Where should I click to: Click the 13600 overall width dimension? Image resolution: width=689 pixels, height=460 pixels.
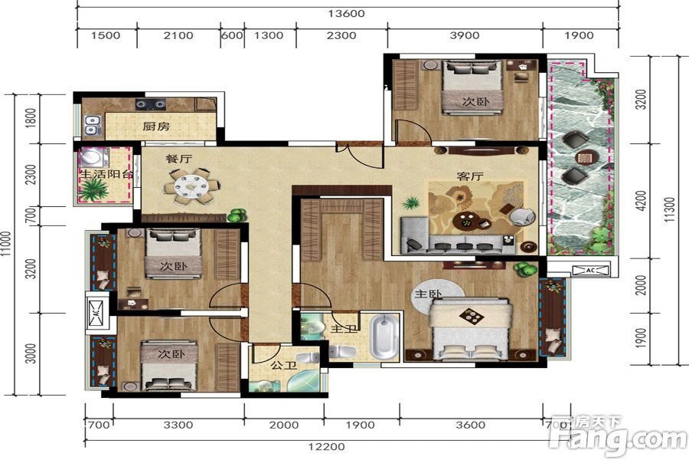pos(346,14)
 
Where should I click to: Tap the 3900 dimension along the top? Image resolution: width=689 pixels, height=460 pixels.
pos(465,36)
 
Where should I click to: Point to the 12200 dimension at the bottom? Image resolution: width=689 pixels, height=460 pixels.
pos(326,447)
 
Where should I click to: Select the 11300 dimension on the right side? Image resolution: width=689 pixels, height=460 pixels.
pos(669,209)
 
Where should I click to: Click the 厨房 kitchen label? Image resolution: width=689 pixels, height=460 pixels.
pos(156,127)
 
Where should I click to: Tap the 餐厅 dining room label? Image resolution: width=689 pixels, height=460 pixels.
pos(178,159)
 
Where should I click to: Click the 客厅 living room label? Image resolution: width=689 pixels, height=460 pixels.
pos(470,176)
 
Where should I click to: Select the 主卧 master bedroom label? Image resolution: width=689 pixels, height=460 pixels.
pos(428,294)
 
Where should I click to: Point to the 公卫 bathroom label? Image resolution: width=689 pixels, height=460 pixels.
pos(283,366)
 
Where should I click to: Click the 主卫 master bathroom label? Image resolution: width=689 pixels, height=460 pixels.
pos(344,329)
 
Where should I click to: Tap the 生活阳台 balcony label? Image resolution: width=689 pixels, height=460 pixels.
pos(106,174)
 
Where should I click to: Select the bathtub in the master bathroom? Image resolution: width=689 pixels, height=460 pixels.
pos(384,337)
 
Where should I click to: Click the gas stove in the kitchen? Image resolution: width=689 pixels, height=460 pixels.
pos(150,104)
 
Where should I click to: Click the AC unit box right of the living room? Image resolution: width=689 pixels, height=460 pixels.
pos(590,270)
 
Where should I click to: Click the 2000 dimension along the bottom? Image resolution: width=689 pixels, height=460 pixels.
pos(284,426)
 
